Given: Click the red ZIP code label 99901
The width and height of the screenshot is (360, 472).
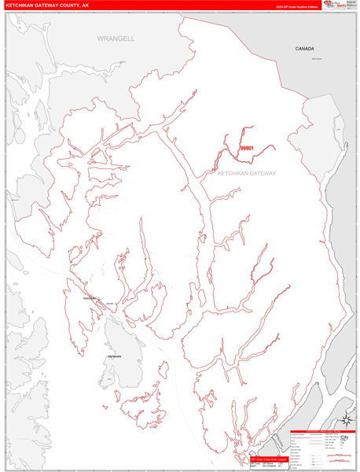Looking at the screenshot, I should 247,147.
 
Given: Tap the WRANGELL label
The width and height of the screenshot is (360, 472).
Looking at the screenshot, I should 116,38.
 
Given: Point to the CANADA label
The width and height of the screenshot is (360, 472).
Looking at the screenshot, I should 304,49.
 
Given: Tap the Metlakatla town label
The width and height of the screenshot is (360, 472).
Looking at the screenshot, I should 116,356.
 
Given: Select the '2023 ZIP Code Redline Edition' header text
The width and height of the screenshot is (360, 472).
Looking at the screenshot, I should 296,6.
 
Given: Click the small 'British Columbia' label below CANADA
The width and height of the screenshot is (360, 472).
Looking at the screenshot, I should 316,58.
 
